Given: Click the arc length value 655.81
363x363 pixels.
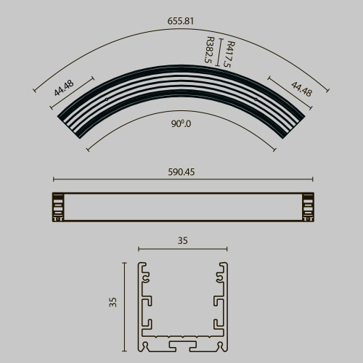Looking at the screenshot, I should tap(181, 22).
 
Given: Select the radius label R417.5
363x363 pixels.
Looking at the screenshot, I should tap(229, 55).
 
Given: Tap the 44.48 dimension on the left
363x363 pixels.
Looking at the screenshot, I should tap(64, 89).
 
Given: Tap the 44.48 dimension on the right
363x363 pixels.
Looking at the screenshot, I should tap(301, 89).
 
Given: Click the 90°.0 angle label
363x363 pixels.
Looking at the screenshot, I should tap(181, 124).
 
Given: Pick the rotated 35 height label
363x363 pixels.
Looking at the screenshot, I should tap(113, 302).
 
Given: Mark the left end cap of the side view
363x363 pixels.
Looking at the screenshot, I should tap(57, 207).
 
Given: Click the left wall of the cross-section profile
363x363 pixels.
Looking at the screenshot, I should tap(140, 305).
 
